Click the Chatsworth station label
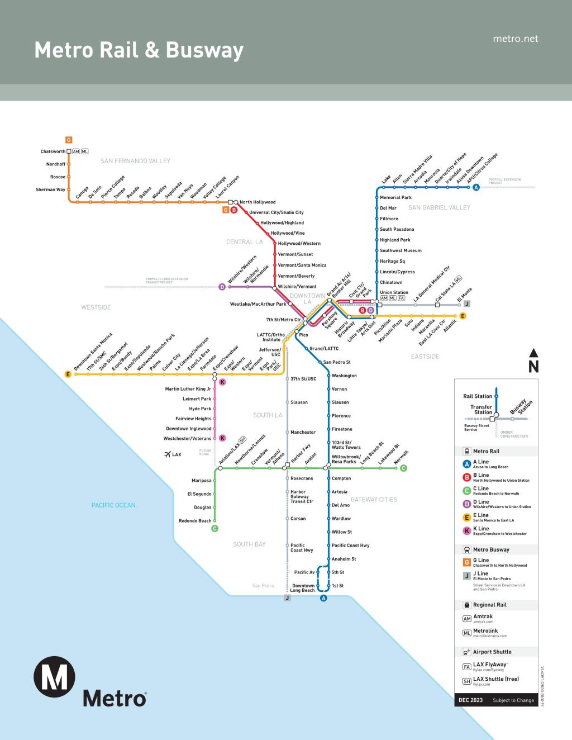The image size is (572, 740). pyautogui.click(x=53, y=151)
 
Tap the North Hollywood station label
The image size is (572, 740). pyautogui.click(x=258, y=202)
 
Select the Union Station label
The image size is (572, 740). pyautogui.click(x=394, y=292)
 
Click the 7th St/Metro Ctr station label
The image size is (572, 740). pyautogui.click(x=283, y=320)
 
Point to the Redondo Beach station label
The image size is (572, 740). pyautogui.click(x=195, y=521)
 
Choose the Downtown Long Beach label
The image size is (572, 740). pyautogui.click(x=303, y=588)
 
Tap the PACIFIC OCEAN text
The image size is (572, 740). pyautogui.click(x=113, y=505)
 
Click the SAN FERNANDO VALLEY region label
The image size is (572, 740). pyautogui.click(x=135, y=161)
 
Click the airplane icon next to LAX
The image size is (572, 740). pyautogui.click(x=167, y=454)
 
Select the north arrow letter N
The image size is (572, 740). pyautogui.click(x=533, y=367)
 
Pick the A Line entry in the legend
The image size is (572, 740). pyautogui.click(x=481, y=462)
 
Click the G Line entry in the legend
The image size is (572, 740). pyautogui.click(x=481, y=560)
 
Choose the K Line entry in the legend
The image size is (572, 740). pyautogui.click(x=481, y=529)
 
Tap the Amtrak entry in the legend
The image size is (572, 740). pyautogui.click(x=483, y=616)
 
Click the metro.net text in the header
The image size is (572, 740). pyautogui.click(x=516, y=39)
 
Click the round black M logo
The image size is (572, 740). pyautogui.click(x=54, y=677)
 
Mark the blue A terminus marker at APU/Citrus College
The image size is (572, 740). pyautogui.click(x=476, y=187)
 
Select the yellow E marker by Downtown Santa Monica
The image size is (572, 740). pyautogui.click(x=68, y=374)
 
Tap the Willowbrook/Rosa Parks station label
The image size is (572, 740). pyautogui.click(x=344, y=459)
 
